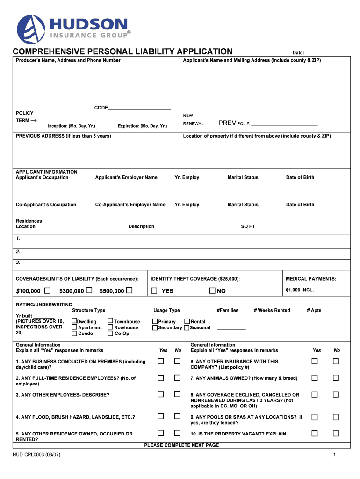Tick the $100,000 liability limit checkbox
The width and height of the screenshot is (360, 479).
pyautogui.click(x=48, y=291)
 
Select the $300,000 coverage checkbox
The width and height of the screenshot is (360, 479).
pyautogui.click(x=89, y=291)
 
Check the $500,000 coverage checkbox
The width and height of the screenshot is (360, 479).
pyautogui.click(x=130, y=291)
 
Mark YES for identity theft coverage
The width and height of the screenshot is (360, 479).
pyautogui.click(x=154, y=291)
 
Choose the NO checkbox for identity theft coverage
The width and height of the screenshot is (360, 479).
pyautogui.click(x=212, y=291)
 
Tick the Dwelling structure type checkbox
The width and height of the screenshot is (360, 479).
pyautogui.click(x=74, y=321)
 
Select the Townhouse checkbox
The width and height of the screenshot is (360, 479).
pyautogui.click(x=110, y=321)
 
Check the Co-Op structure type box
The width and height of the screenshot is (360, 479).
pyautogui.click(x=110, y=334)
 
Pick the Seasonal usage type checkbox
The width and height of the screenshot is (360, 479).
pyautogui.click(x=187, y=327)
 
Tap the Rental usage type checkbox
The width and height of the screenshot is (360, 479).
pyautogui.click(x=187, y=321)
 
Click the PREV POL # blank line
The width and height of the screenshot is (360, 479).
pyautogui.click(x=284, y=125)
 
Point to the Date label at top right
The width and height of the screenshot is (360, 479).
pyautogui.click(x=298, y=53)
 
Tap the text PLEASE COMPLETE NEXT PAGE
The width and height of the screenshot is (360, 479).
pyautogui.click(x=181, y=445)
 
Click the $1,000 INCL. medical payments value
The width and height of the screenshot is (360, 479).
pyautogui.click(x=300, y=290)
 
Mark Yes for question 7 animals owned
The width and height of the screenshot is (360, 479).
pyautogui.click(x=315, y=377)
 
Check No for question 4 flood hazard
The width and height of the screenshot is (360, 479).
pyautogui.click(x=177, y=416)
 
